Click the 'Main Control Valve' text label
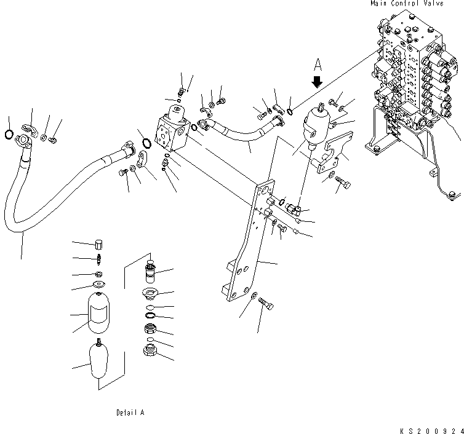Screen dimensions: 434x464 415,4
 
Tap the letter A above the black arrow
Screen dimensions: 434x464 318,63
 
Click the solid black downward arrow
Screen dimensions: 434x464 318,81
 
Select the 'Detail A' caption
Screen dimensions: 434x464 130,412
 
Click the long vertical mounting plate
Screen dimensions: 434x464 252,246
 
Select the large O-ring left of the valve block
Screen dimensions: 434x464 147,144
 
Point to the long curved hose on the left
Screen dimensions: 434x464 55,184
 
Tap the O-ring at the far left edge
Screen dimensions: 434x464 8,135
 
